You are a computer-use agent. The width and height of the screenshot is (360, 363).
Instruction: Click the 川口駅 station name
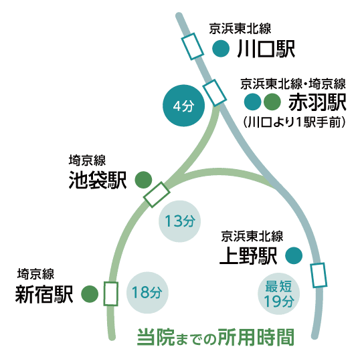pyautogui.click(x=266, y=49)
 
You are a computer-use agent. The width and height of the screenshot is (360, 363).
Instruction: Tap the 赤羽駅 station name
pyautogui.click(x=317, y=102)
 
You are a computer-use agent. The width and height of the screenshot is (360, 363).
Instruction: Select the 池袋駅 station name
pyautogui.click(x=98, y=180)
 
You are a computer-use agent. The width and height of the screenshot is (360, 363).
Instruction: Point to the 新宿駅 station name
pyautogui.click(x=44, y=294)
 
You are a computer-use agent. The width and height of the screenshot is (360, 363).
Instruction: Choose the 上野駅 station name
pyautogui.click(x=248, y=255)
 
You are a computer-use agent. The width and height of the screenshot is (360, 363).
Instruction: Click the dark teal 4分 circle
pyautogui.click(x=184, y=106)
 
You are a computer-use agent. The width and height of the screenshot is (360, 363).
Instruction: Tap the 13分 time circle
pyautogui.click(x=179, y=221)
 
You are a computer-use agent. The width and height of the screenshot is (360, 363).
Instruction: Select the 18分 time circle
pyautogui.click(x=147, y=293)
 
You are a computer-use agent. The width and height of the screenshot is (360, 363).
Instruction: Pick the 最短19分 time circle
pyautogui.click(x=279, y=293)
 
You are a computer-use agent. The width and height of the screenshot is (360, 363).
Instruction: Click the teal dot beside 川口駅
pyautogui.click(x=221, y=48)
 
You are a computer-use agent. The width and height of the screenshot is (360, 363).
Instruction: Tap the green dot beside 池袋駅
pyautogui.click(x=143, y=180)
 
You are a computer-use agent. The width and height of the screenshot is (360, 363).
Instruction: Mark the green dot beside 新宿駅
pyautogui.click(x=90, y=293)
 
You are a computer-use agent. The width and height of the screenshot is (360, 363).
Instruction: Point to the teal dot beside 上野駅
pyautogui.click(x=294, y=255)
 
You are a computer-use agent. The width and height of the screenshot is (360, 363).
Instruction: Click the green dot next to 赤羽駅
pyautogui.click(x=272, y=102)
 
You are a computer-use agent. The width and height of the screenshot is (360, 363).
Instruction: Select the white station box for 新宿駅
pyautogui.click(x=111, y=293)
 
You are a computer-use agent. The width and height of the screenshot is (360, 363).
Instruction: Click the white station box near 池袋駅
pyautogui.click(x=157, y=195)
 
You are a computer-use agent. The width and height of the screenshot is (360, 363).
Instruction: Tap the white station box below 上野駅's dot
pyautogui.click(x=319, y=275)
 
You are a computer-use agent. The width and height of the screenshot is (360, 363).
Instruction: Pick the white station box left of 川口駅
pyautogui.click(x=192, y=47)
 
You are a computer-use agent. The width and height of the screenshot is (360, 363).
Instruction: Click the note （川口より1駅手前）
pyautogui.click(x=294, y=122)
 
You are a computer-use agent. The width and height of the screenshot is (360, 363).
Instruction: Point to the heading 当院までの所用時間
pyautogui.click(x=215, y=337)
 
